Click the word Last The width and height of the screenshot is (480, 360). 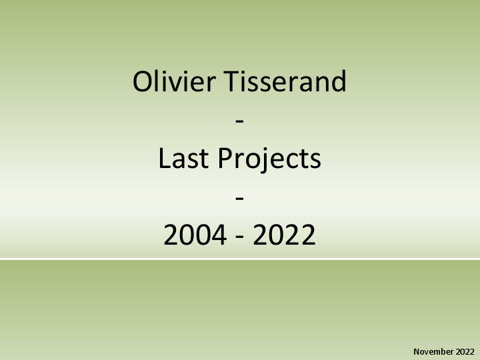[180, 159]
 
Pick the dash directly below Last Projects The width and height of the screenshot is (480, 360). [240, 199]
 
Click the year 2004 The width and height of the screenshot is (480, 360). [195, 236]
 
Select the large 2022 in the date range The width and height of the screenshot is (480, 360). [284, 236]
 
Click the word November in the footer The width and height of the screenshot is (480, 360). [434, 351]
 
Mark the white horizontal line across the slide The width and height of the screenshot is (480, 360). [240, 259]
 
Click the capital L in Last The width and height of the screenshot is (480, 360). [164, 159]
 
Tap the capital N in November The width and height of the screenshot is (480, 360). [417, 351]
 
